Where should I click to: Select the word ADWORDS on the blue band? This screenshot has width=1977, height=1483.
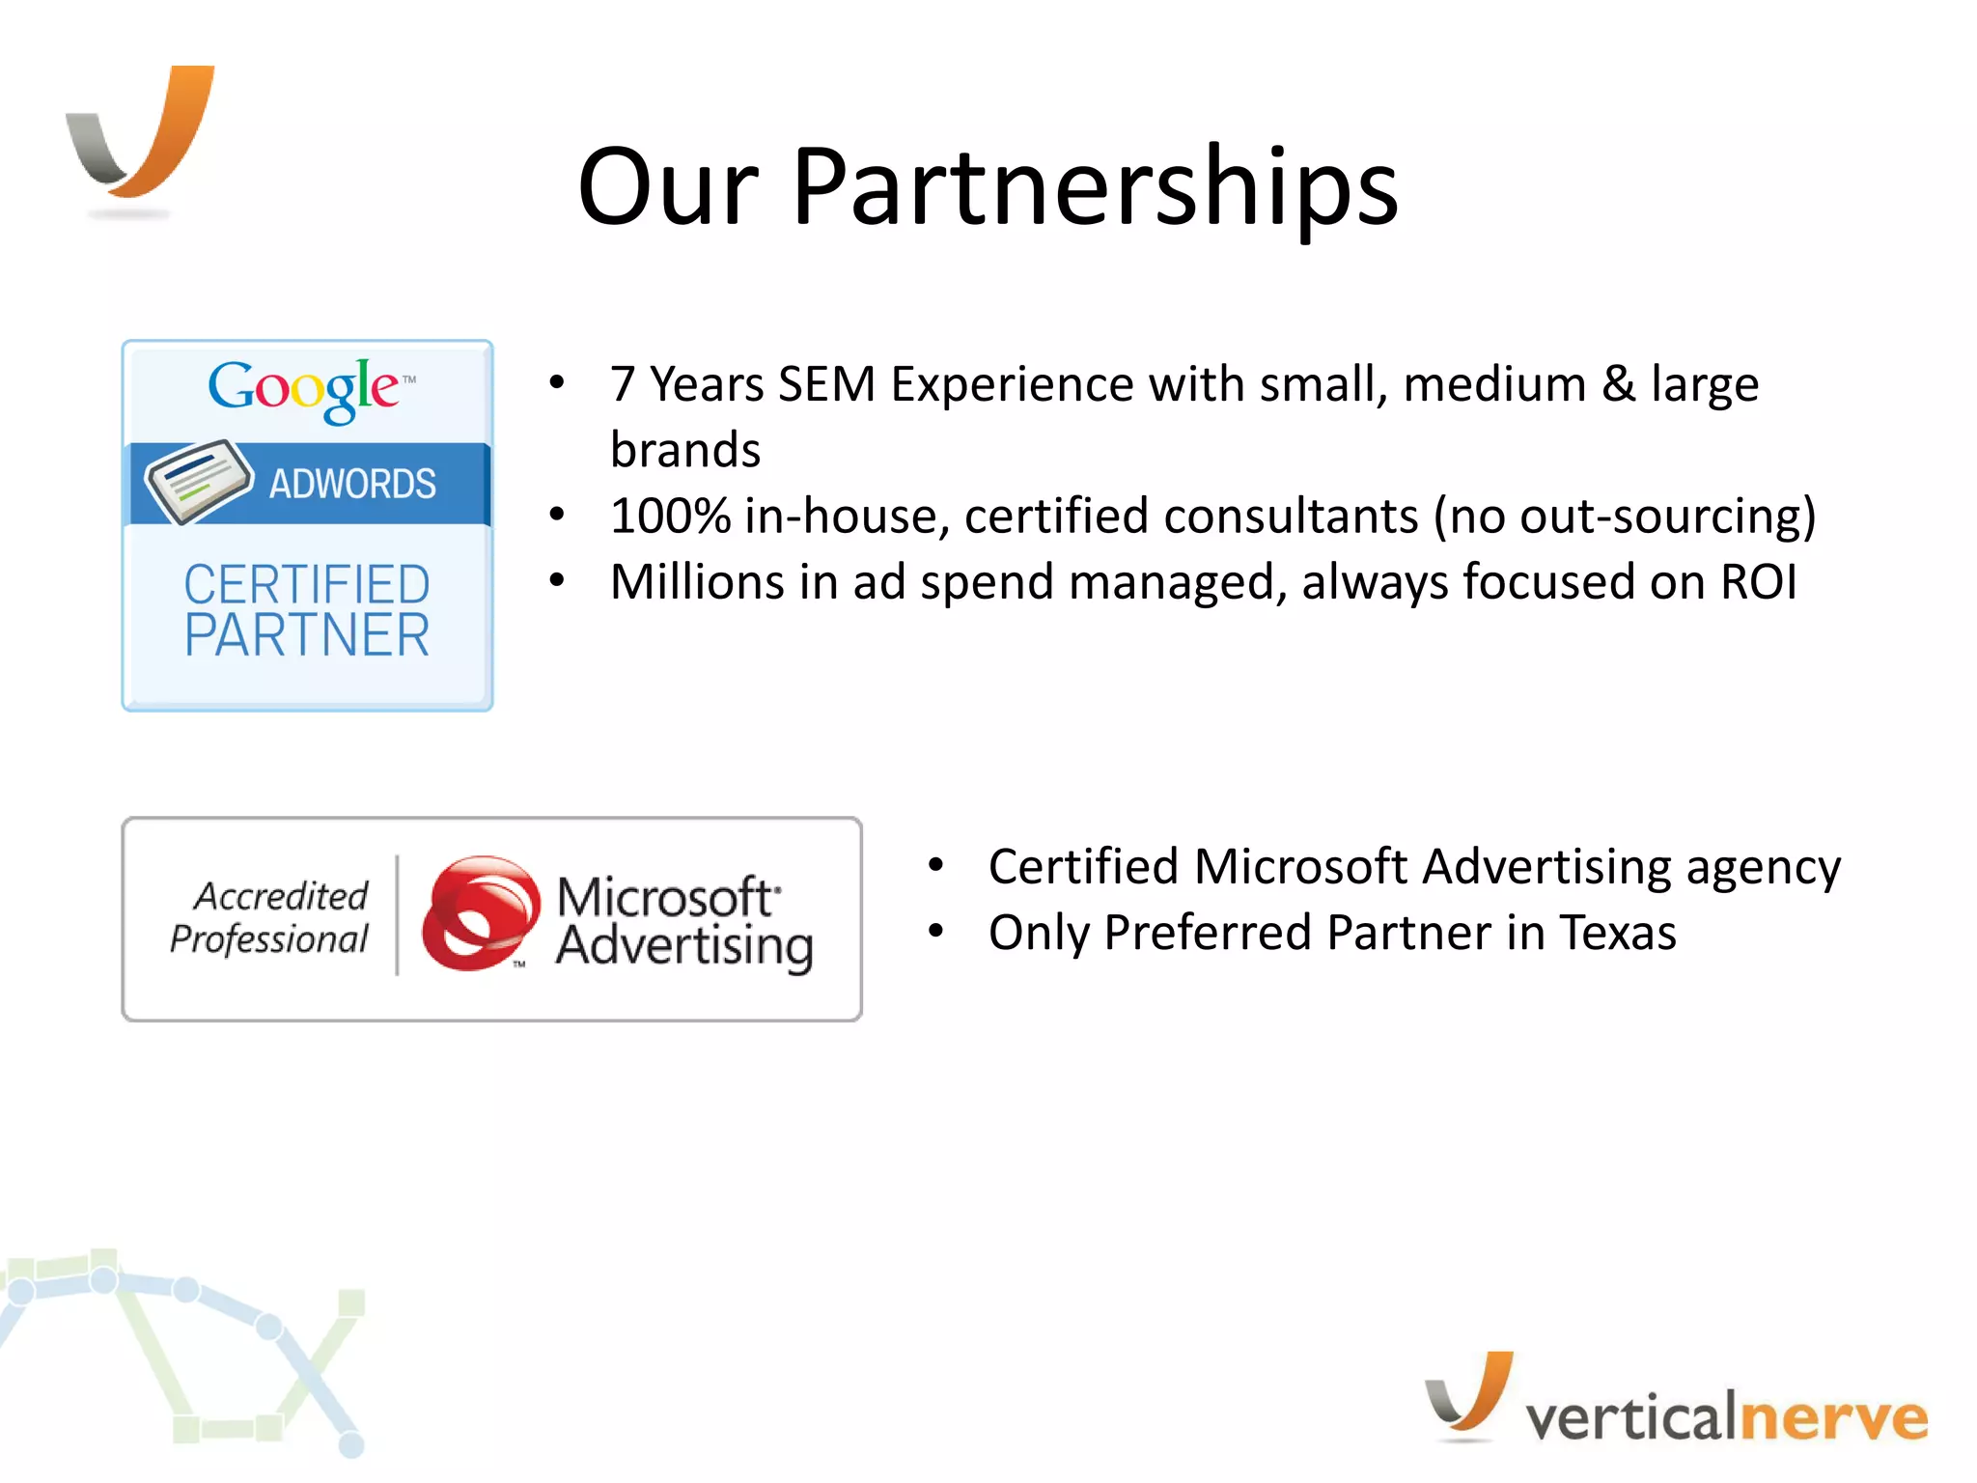point(352,484)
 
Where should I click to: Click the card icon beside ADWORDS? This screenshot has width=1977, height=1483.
point(198,480)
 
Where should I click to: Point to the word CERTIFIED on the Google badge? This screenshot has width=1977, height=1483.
point(307,584)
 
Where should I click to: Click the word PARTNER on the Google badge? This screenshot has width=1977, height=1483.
point(307,635)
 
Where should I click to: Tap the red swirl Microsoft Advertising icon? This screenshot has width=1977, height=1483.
point(480,912)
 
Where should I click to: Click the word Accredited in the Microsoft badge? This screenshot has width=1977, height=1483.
point(281,896)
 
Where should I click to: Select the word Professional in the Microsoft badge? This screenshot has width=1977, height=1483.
point(269,938)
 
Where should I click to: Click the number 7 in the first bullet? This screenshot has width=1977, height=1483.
point(623,384)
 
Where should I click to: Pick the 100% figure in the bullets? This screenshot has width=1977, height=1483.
point(670,516)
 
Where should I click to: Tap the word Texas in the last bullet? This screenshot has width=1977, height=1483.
point(1618,933)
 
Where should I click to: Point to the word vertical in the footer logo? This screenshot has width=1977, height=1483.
point(1630,1417)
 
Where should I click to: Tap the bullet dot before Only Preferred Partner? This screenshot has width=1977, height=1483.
point(934,931)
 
